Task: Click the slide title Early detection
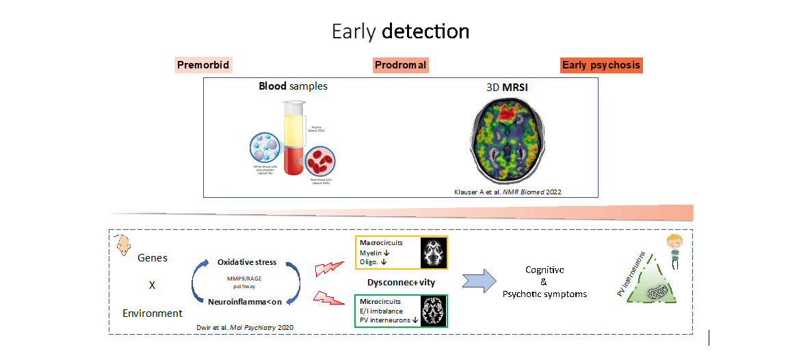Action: click(400, 31)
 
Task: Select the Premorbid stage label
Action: click(204, 65)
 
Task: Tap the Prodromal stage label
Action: click(401, 65)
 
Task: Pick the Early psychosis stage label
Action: click(601, 65)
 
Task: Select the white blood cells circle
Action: click(269, 148)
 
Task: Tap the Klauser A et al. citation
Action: click(507, 192)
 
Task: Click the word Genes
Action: click(153, 258)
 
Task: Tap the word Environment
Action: click(153, 313)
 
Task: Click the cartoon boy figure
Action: click(673, 250)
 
